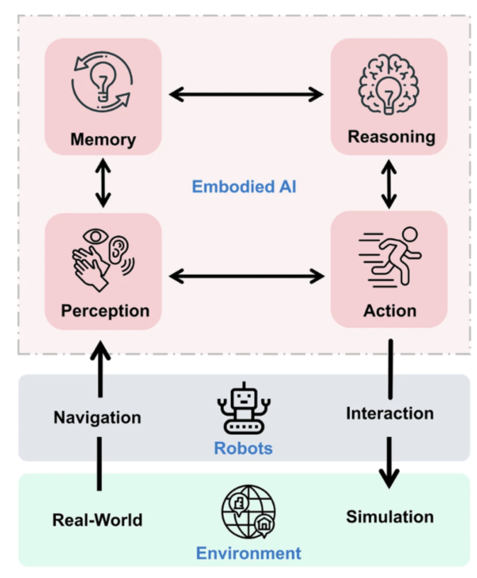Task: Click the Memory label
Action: [x=103, y=139]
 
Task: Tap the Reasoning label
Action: [x=391, y=136]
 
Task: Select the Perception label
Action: [x=105, y=311]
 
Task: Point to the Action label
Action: [x=390, y=311]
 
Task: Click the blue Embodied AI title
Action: [x=244, y=187]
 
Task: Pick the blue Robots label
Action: [x=243, y=448]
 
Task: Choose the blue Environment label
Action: [x=248, y=553]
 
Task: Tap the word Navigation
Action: [x=97, y=417]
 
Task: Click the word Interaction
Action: [x=390, y=413]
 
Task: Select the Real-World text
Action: [x=97, y=520]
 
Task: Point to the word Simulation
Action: [x=390, y=516]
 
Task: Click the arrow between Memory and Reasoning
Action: [x=246, y=93]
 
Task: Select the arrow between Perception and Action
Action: [x=246, y=275]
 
